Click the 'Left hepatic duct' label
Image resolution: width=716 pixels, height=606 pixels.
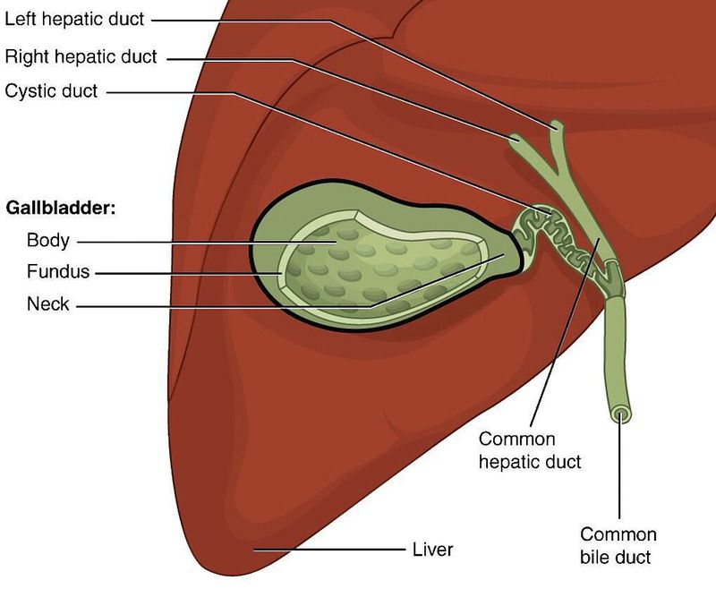(x=74, y=19)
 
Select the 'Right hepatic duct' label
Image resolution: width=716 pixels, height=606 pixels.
(x=81, y=56)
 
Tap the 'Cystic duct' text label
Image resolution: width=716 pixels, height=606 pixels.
(x=51, y=91)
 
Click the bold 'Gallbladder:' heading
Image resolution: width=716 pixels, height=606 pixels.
(x=61, y=209)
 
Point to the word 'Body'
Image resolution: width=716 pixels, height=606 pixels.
(x=48, y=241)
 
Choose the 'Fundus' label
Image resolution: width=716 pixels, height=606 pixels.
(x=58, y=271)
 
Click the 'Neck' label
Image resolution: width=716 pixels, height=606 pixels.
(x=48, y=303)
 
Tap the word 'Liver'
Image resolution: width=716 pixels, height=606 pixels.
(x=432, y=550)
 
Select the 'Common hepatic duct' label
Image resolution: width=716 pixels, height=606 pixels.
(x=530, y=450)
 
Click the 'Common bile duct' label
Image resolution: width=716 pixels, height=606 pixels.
(x=618, y=546)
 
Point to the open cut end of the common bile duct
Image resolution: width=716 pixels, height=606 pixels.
(x=620, y=414)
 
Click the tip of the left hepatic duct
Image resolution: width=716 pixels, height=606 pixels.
(x=557, y=124)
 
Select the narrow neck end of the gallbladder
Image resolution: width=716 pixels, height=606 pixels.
(x=514, y=252)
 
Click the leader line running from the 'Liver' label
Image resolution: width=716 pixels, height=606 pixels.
(x=329, y=550)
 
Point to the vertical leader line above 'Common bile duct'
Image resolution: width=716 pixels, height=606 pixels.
(x=619, y=465)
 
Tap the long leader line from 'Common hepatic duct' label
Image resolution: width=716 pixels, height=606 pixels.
(x=565, y=332)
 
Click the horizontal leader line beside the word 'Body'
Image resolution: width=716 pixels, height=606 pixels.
(x=207, y=243)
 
